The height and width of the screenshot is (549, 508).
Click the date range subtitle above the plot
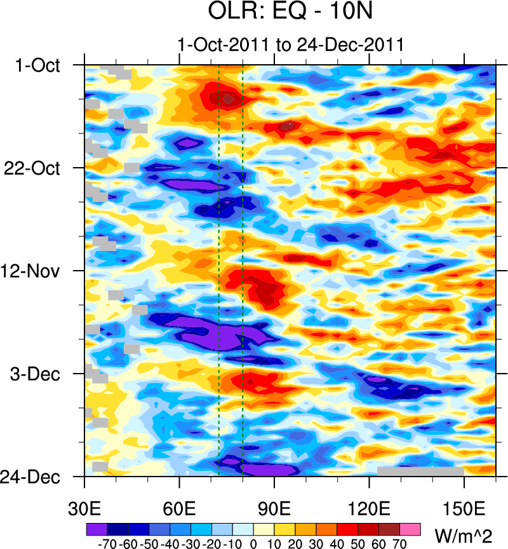291,45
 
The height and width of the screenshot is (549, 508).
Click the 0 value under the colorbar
253,544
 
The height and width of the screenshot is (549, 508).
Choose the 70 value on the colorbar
400,544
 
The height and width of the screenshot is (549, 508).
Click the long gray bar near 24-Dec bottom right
420,471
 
